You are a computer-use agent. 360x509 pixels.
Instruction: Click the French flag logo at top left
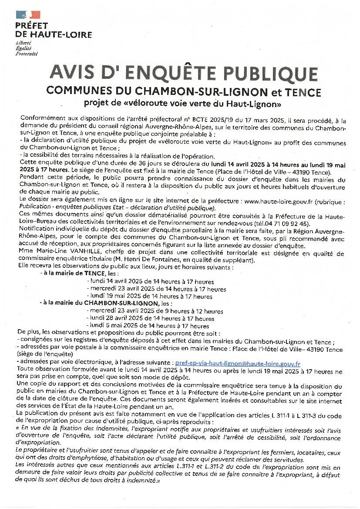point(28,14)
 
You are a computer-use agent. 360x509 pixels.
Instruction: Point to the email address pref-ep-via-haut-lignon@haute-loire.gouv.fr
point(237,363)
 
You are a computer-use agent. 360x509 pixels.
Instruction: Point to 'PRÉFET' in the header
point(32,26)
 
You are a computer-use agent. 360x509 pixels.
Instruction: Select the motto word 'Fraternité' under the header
point(27,54)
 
